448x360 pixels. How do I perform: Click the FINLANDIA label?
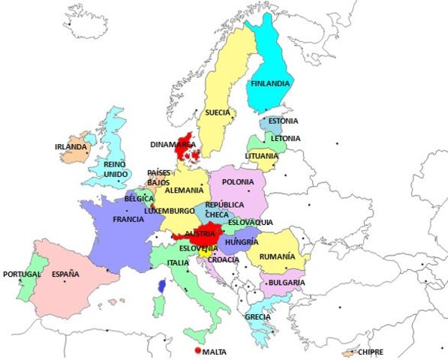(270, 83)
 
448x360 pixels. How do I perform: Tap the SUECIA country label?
(218, 112)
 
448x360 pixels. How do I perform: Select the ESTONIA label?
(283, 121)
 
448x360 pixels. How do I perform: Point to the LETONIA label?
(285, 138)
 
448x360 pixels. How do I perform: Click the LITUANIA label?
(261, 156)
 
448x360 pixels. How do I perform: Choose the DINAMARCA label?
(173, 144)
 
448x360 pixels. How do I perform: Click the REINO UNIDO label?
(114, 169)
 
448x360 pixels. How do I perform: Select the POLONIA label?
(238, 181)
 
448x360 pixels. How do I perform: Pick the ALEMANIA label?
(184, 190)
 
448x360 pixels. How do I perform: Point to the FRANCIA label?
(128, 220)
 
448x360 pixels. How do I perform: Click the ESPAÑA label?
(65, 274)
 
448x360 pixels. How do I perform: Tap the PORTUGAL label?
(21, 274)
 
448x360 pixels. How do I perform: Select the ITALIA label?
(178, 262)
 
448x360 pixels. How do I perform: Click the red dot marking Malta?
(197, 350)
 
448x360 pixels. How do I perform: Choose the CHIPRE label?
(371, 351)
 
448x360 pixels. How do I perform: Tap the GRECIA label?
(257, 316)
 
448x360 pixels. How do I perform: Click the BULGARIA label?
(285, 282)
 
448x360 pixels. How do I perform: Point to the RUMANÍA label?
(276, 256)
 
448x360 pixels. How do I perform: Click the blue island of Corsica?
(162, 286)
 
